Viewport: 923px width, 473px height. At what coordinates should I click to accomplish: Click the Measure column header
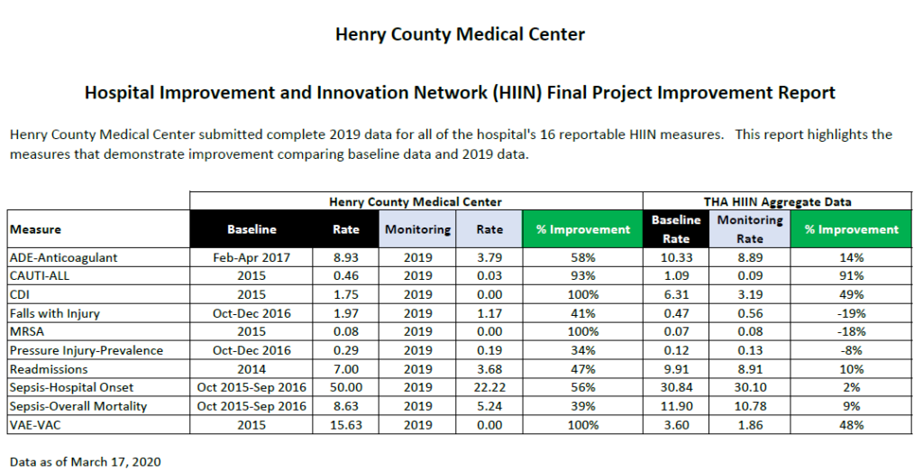(x=36, y=229)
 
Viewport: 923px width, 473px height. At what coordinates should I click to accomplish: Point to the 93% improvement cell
(x=582, y=276)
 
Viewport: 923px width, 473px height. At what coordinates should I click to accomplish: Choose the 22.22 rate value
(x=490, y=388)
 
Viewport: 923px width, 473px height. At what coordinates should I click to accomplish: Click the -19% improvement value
(x=851, y=313)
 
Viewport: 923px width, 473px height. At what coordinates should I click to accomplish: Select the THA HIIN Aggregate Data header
(x=777, y=201)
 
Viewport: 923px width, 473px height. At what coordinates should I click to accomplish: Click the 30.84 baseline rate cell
(x=676, y=388)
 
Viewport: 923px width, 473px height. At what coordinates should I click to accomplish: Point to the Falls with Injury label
(x=54, y=313)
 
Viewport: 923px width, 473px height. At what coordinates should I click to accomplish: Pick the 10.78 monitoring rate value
(x=750, y=406)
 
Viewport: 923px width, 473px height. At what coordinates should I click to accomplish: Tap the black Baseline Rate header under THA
(x=676, y=229)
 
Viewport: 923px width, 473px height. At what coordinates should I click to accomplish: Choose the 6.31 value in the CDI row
(x=676, y=294)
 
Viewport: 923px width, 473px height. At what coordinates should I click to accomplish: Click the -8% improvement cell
(x=851, y=350)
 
